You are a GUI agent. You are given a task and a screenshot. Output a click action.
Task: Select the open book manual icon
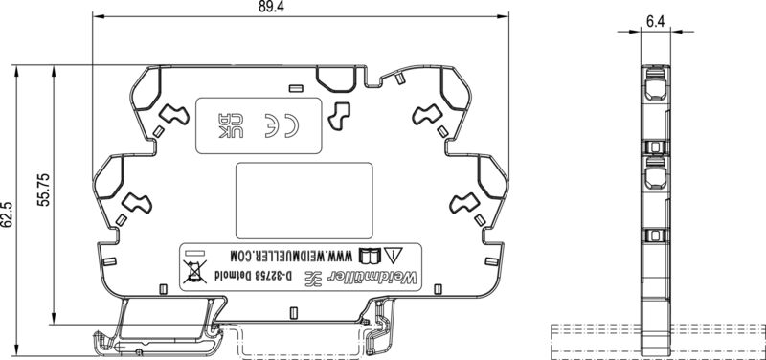point(369,256)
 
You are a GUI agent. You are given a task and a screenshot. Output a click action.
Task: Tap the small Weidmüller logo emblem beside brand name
point(312,278)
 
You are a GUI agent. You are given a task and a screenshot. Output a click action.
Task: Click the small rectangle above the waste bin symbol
point(196,255)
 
